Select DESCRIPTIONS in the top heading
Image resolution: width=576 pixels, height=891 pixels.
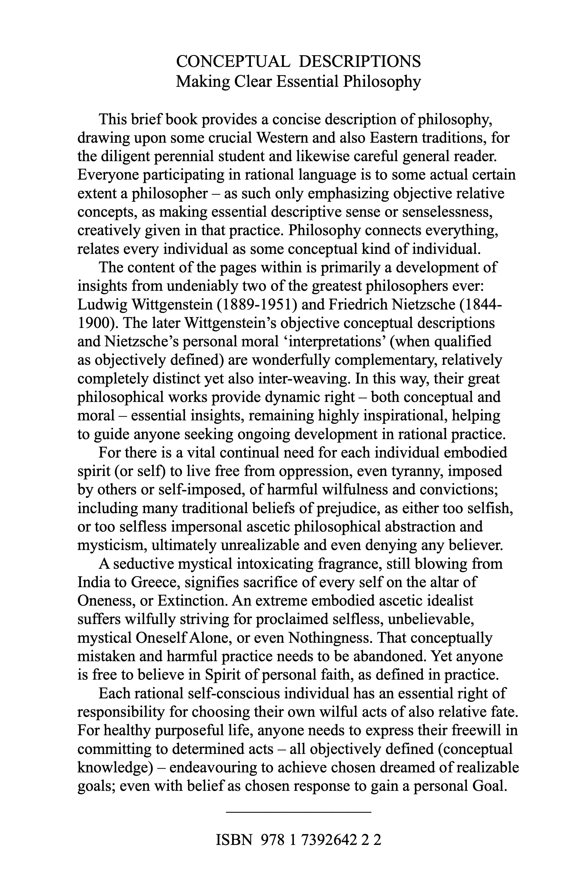click(360, 62)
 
